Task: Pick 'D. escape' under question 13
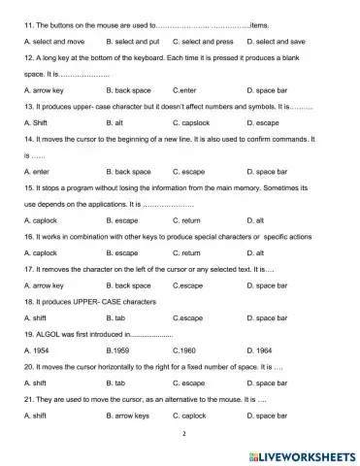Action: [x=266, y=123]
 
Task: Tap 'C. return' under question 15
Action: [x=189, y=219]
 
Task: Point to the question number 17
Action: [x=28, y=269]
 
